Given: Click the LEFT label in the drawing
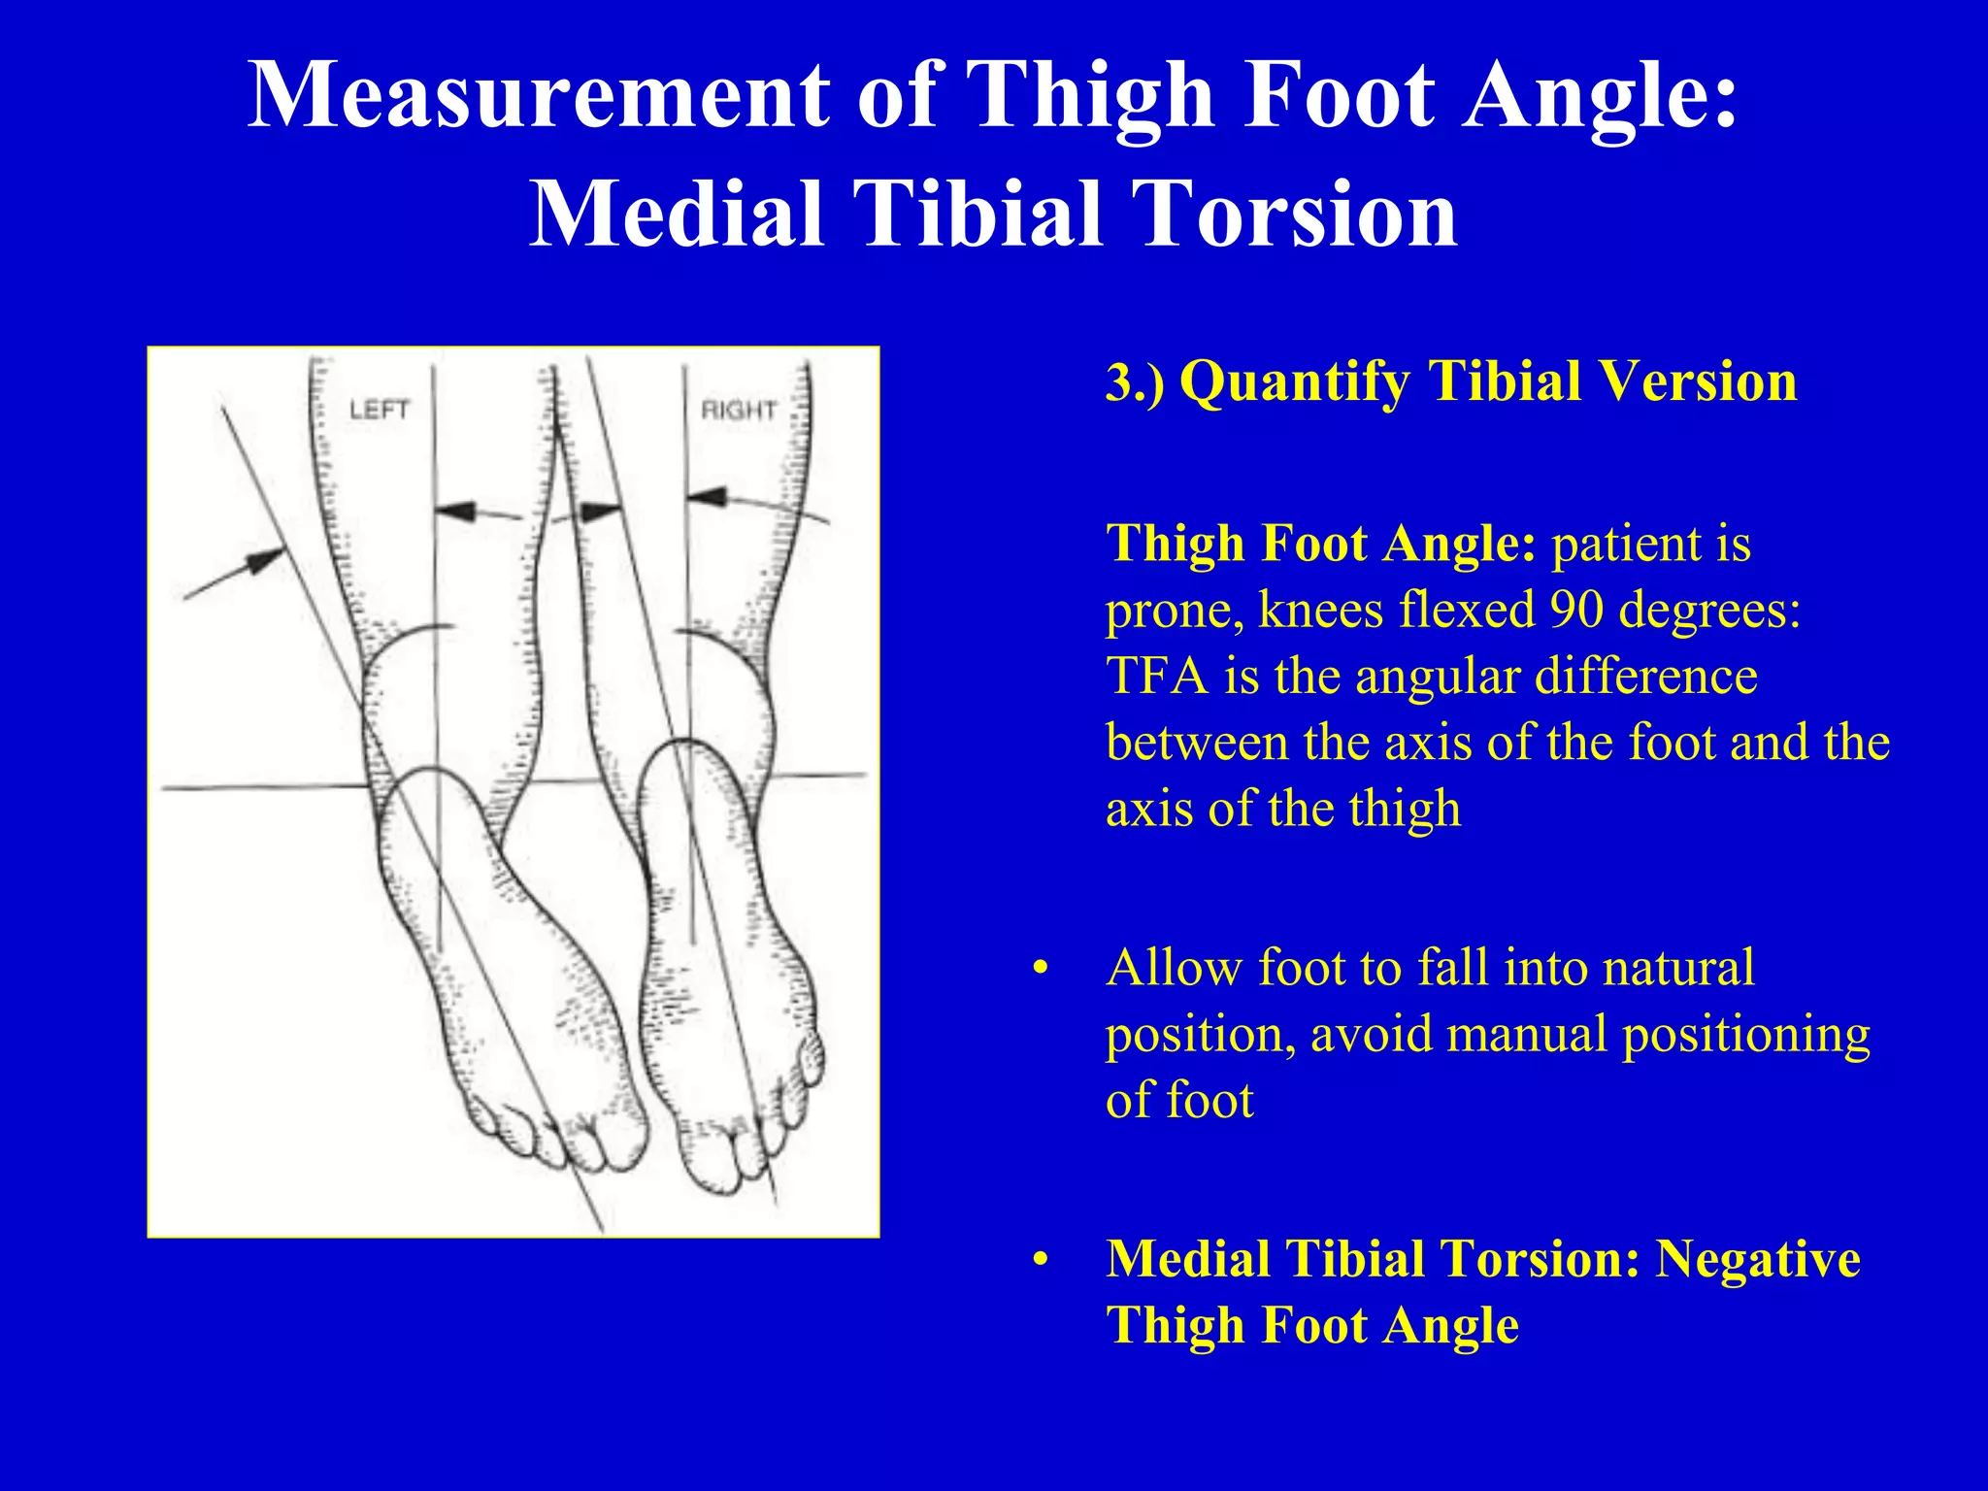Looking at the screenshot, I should coord(379,410).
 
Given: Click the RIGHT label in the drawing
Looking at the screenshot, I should coord(738,411).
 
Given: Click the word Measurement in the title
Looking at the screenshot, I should coord(539,94).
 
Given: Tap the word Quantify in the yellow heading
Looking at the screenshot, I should coord(1295,381).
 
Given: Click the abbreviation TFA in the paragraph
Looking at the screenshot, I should coord(1157,676).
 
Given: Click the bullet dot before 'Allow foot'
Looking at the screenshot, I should coord(1041,970).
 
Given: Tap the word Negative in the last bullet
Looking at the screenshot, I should coord(1757,1260).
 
